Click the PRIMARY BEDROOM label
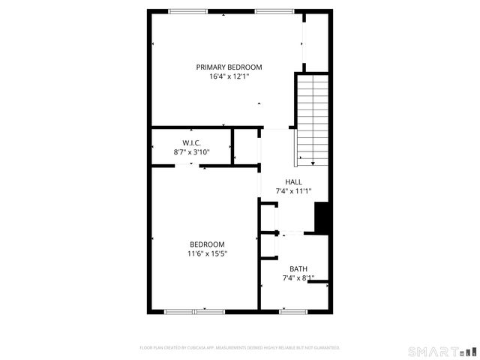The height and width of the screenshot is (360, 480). (x=229, y=67)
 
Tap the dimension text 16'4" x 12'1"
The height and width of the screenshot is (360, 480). (x=229, y=76)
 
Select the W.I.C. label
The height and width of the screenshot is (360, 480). (x=191, y=142)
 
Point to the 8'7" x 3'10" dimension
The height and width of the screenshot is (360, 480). (x=191, y=152)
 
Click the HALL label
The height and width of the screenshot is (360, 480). (x=293, y=181)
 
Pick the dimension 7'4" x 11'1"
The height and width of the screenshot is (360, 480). (x=293, y=191)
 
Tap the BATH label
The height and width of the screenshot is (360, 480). (x=298, y=269)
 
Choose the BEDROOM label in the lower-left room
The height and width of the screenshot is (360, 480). (x=207, y=244)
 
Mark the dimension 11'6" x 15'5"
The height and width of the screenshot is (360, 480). (x=207, y=254)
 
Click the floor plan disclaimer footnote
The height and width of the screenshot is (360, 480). (x=240, y=348)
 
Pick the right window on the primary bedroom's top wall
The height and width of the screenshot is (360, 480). (x=274, y=11)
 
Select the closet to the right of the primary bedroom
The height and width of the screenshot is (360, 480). (x=317, y=41)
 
